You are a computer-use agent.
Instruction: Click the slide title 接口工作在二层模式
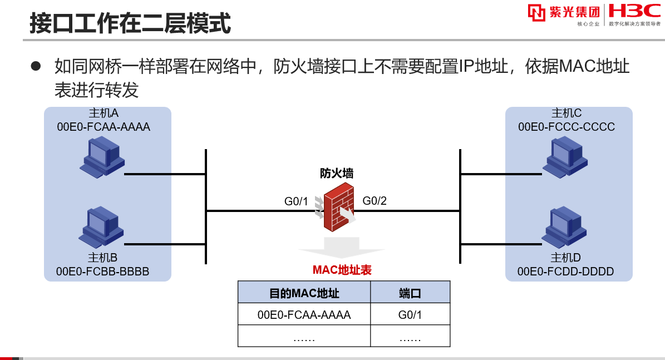pyautogui.click(x=130, y=24)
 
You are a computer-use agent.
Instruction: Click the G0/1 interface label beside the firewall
pyautogui.click(x=296, y=201)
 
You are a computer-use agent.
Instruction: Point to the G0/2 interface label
pyautogui.click(x=375, y=201)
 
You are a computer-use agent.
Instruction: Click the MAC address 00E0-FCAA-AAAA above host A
pyautogui.click(x=104, y=127)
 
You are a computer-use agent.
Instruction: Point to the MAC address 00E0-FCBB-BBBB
pyautogui.click(x=103, y=272)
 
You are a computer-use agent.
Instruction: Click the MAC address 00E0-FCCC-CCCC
pyautogui.click(x=567, y=127)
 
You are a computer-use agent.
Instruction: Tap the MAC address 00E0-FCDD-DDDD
pyautogui.click(x=565, y=272)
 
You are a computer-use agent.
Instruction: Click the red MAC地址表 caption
pyautogui.click(x=342, y=270)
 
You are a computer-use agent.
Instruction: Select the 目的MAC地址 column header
pyautogui.click(x=304, y=293)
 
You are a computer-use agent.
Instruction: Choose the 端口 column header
pyautogui.click(x=410, y=293)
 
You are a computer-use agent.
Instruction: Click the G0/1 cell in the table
pyautogui.click(x=410, y=315)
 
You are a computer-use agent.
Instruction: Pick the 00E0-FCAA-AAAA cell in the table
pyautogui.click(x=304, y=315)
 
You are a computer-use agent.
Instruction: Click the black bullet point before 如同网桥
pyautogui.click(x=36, y=66)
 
